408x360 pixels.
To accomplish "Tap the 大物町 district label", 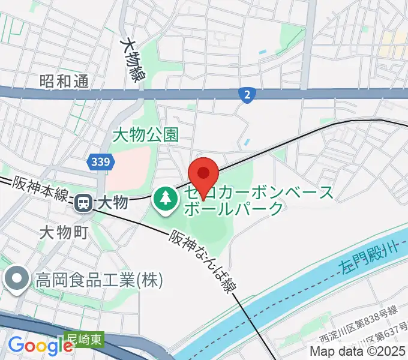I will coord(65,231).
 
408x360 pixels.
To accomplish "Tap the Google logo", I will coord(40,346).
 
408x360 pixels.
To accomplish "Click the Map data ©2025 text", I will coord(356,351).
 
